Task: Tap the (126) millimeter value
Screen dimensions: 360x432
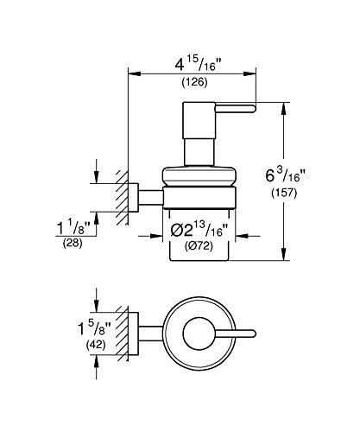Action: click(194, 82)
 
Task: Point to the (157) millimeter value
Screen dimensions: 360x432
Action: click(284, 193)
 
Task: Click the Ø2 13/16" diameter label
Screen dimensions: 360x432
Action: click(199, 230)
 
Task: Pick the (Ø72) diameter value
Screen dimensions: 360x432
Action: click(199, 246)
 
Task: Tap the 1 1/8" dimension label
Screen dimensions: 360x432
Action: click(73, 227)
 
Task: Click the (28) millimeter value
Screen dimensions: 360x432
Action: click(73, 243)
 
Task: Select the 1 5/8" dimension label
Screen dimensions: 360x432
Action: click(94, 328)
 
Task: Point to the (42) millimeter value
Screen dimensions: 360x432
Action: click(96, 345)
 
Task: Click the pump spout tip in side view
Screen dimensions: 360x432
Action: click(254, 109)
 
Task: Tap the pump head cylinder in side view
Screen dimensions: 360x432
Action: click(199, 120)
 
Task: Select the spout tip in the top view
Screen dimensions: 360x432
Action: click(253, 334)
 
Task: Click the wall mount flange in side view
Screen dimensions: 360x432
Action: click(134, 197)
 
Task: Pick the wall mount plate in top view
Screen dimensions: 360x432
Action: click(134, 334)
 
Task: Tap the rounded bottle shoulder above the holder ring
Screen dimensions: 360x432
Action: click(199, 176)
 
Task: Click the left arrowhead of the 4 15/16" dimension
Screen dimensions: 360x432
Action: click(135, 73)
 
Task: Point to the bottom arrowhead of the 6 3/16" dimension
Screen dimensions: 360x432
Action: click(284, 254)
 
